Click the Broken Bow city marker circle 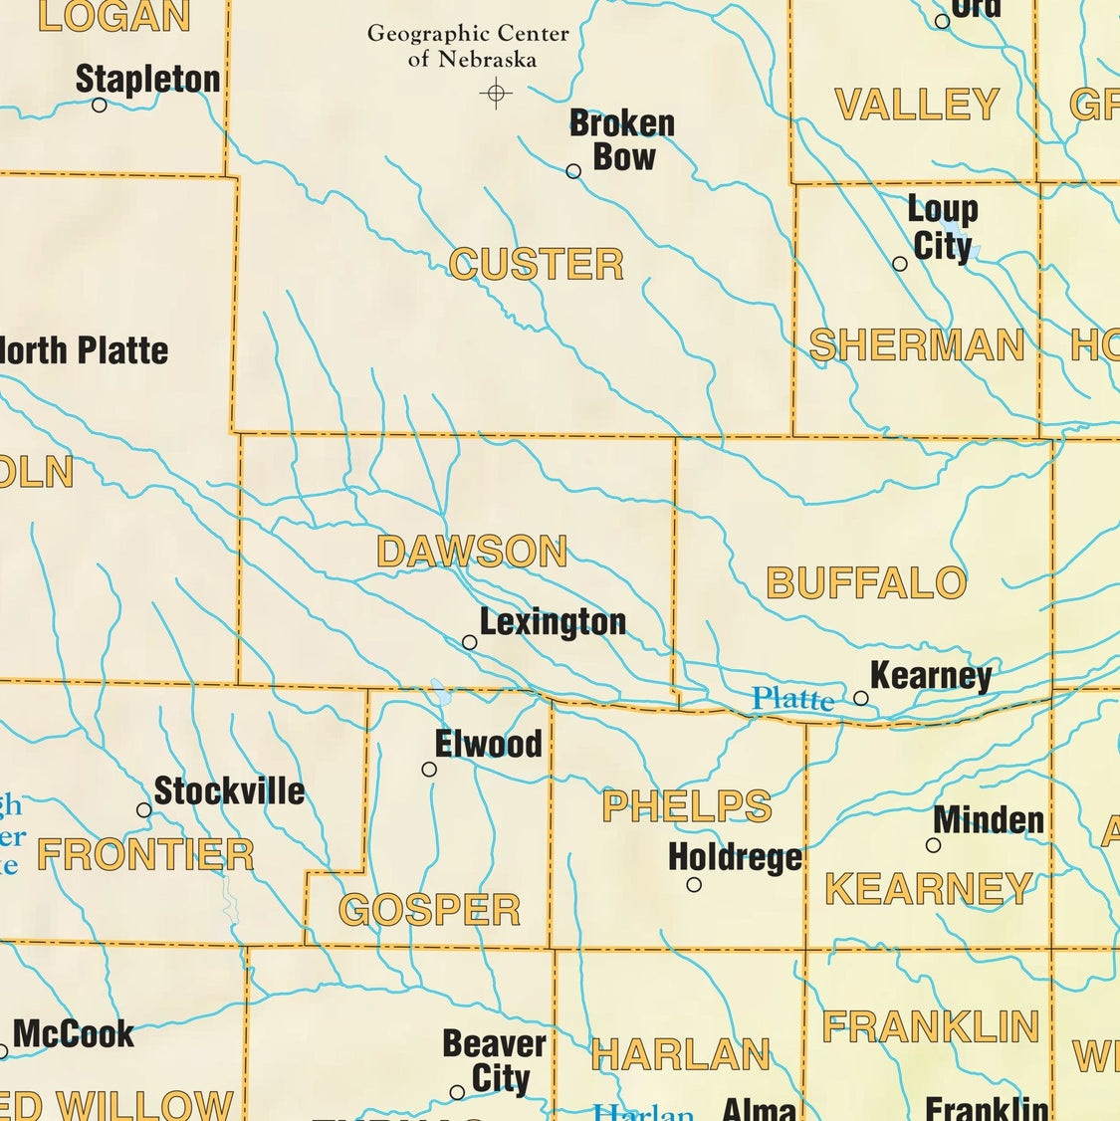click(x=573, y=171)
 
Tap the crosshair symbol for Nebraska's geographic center click(x=496, y=94)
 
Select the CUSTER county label click(x=536, y=265)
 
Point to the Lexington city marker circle click(x=470, y=643)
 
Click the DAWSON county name click(x=472, y=552)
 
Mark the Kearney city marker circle click(x=861, y=699)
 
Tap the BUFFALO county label click(x=866, y=583)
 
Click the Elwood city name click(x=489, y=744)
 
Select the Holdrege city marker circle click(x=694, y=884)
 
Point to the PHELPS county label click(x=687, y=806)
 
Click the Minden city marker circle click(x=933, y=845)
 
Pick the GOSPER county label click(x=430, y=910)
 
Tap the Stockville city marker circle click(x=144, y=810)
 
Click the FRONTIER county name click(x=145, y=855)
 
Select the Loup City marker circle click(x=900, y=264)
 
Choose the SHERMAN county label click(x=917, y=345)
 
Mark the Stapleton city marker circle click(x=100, y=105)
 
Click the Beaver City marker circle click(x=457, y=1092)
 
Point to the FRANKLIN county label click(x=931, y=1026)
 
